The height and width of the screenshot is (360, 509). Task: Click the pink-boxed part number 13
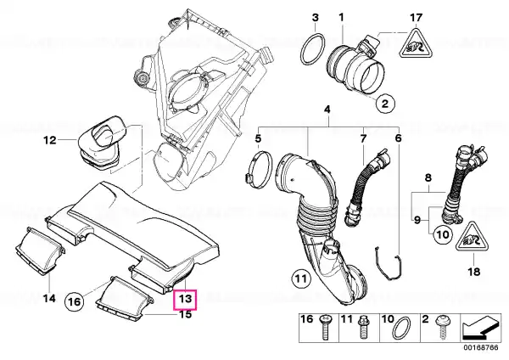pos(185,299)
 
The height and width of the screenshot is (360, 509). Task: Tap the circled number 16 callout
pos(74,302)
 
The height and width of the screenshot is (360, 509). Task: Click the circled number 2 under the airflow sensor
pos(385,104)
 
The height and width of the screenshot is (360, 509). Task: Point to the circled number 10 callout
pos(443,234)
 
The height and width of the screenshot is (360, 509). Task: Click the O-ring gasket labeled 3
pos(313,49)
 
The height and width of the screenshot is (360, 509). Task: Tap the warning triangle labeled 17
pos(416,44)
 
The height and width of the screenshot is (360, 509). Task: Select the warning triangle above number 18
pos(473,237)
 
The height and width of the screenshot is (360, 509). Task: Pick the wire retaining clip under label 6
pos(389,263)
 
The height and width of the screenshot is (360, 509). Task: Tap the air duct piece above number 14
pos(39,251)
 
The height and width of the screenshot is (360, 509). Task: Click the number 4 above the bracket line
pos(327,110)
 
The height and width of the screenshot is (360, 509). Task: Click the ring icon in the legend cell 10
pos(401,328)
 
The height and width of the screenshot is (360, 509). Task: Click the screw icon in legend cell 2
pos(444,327)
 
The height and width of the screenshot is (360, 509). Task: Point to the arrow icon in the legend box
pos(480,327)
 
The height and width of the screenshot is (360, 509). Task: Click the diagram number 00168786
pos(481,347)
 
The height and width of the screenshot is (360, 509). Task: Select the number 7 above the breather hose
pos(363,138)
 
